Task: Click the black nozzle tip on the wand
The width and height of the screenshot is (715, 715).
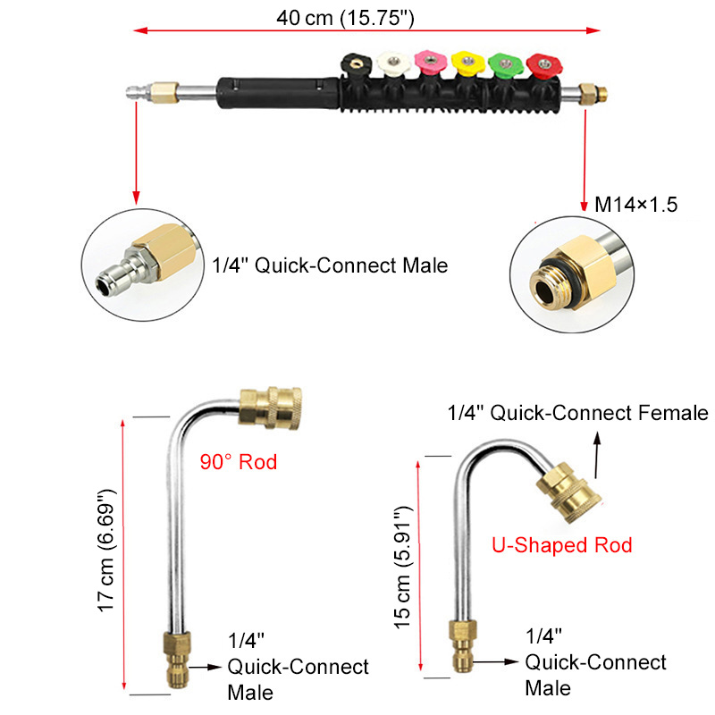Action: (x=354, y=64)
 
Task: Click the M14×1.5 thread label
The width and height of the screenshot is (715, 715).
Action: (x=635, y=206)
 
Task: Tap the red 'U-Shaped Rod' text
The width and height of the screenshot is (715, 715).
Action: (x=562, y=544)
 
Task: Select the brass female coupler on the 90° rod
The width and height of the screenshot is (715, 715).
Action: (x=273, y=407)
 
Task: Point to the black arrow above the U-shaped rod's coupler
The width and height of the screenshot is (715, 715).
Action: (x=598, y=450)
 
